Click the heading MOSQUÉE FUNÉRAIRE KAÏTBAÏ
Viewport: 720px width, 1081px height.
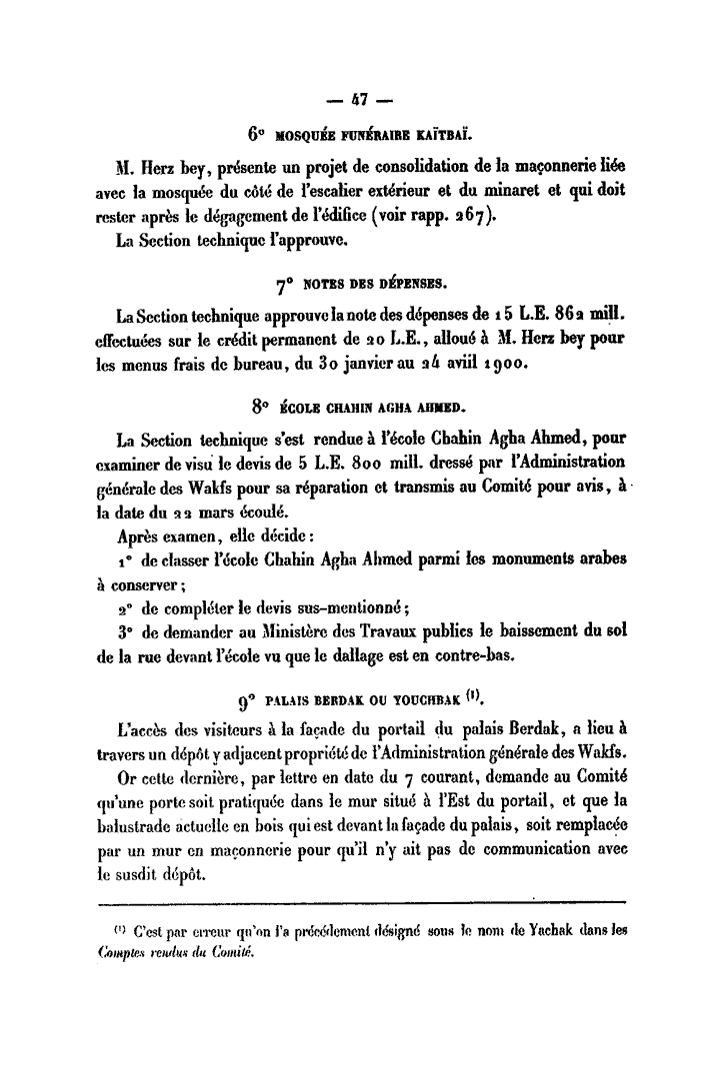369,131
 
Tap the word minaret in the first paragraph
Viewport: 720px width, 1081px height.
522,187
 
